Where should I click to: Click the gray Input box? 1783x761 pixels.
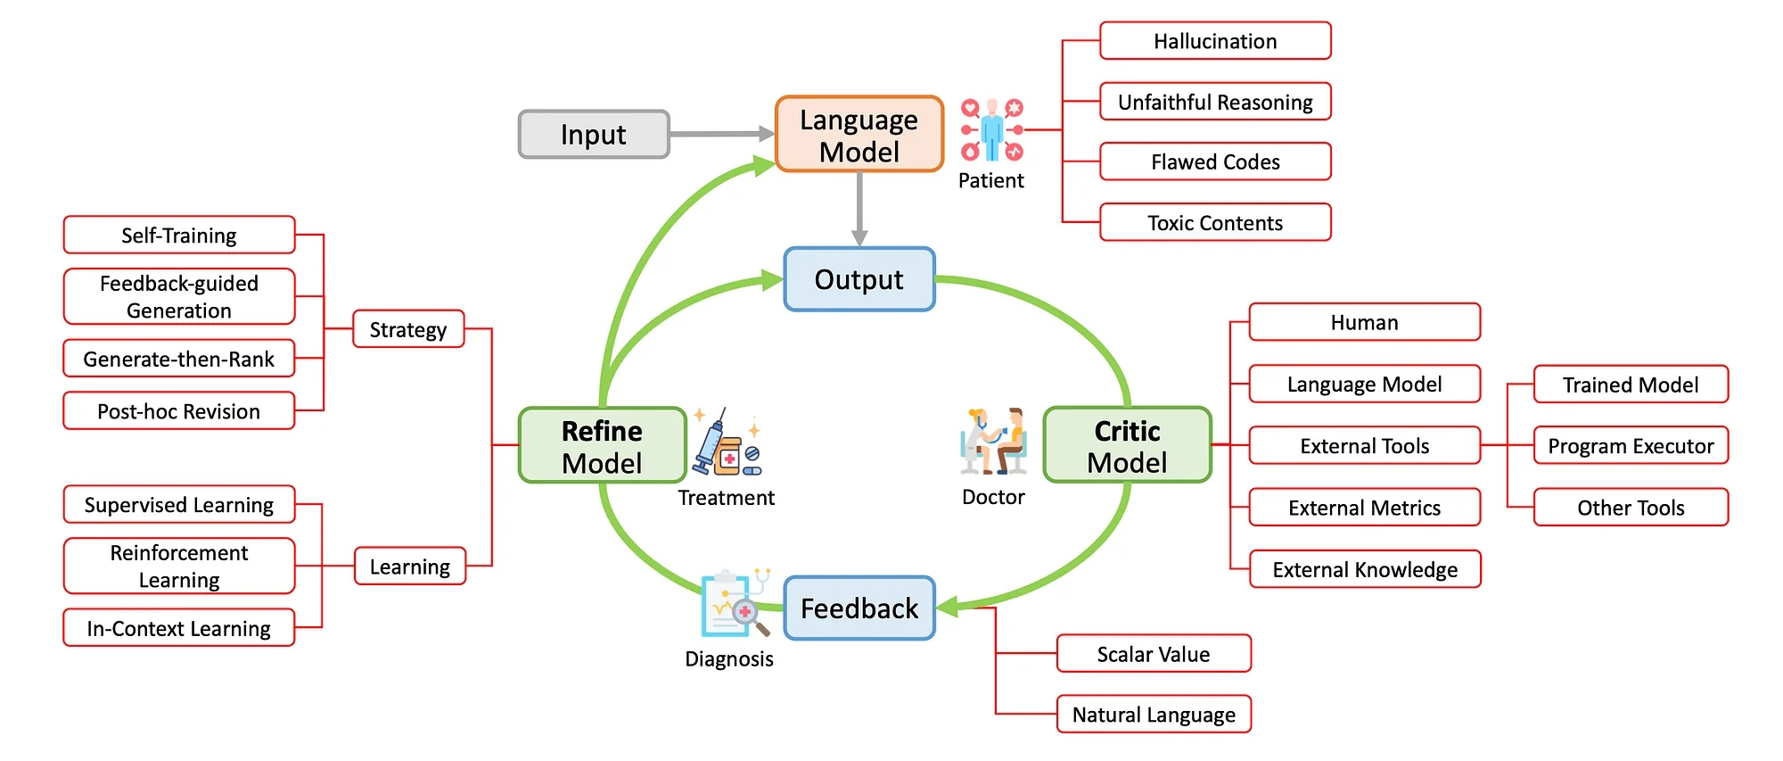(x=593, y=135)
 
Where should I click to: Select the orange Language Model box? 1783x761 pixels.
(x=859, y=135)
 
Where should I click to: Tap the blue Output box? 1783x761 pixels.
(x=859, y=279)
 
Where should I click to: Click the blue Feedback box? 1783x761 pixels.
(x=859, y=608)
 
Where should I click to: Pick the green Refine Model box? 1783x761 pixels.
(x=602, y=446)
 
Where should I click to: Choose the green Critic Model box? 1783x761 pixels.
(x=1127, y=446)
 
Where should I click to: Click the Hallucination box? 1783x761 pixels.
(x=1214, y=41)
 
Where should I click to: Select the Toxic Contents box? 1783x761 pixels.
(x=1214, y=223)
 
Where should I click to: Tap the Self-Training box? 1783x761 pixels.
(x=178, y=236)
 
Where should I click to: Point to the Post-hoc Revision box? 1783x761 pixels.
(x=178, y=411)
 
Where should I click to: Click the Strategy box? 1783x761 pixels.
(x=408, y=329)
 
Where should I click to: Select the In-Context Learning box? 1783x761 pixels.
(x=178, y=628)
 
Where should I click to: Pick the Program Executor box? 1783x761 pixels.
(x=1630, y=446)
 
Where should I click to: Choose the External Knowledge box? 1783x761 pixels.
(x=1364, y=569)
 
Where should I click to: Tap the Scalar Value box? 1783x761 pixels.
(x=1153, y=654)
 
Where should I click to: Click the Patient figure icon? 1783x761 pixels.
(x=991, y=130)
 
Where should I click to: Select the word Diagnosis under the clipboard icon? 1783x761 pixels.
(x=728, y=659)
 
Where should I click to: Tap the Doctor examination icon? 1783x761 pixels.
(x=993, y=442)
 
